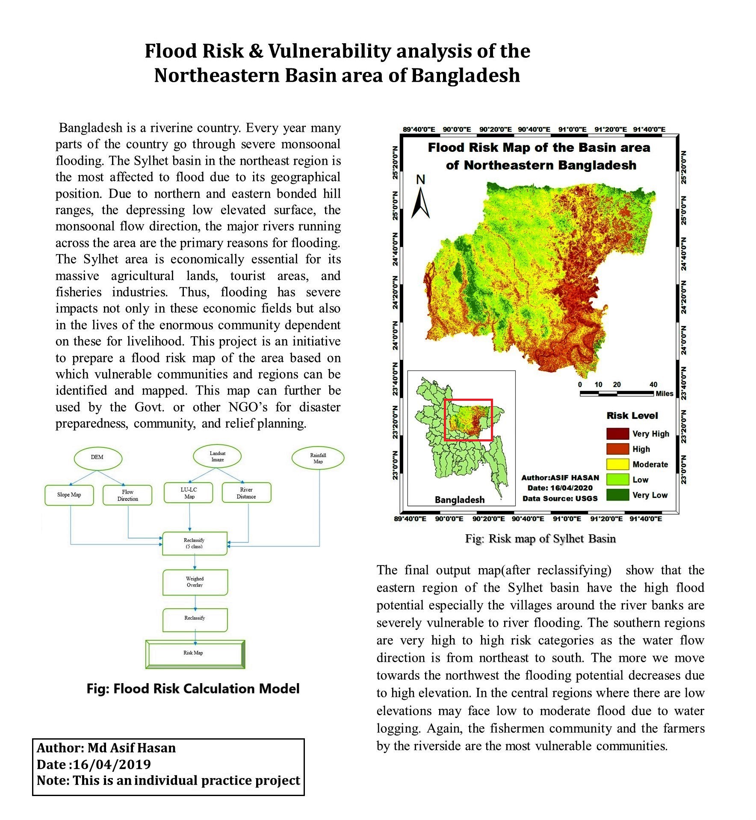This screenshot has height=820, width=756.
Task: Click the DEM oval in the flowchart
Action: [x=97, y=458]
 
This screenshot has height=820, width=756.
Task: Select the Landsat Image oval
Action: [x=217, y=456]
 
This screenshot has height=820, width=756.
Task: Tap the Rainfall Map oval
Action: [x=318, y=459]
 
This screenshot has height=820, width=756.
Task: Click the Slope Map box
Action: [x=69, y=495]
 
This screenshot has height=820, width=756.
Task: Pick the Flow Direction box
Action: [x=127, y=495]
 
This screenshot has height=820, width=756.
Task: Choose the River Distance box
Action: [x=246, y=493]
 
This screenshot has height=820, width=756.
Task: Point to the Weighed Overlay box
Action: [x=195, y=582]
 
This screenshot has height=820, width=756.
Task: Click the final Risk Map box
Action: [x=195, y=654]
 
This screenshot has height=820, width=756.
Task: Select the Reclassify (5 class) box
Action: [x=195, y=544]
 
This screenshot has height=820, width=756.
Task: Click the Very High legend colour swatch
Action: [x=617, y=434]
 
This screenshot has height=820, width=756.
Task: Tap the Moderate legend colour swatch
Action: [x=617, y=465]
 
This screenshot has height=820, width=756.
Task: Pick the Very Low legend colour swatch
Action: [x=617, y=495]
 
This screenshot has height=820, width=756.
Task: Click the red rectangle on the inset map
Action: [x=469, y=420]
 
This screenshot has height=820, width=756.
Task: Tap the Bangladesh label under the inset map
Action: [x=460, y=500]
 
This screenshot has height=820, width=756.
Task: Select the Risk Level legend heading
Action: [x=632, y=416]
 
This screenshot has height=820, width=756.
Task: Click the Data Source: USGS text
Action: [x=560, y=498]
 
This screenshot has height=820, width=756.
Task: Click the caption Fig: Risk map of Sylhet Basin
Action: [x=540, y=539]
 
